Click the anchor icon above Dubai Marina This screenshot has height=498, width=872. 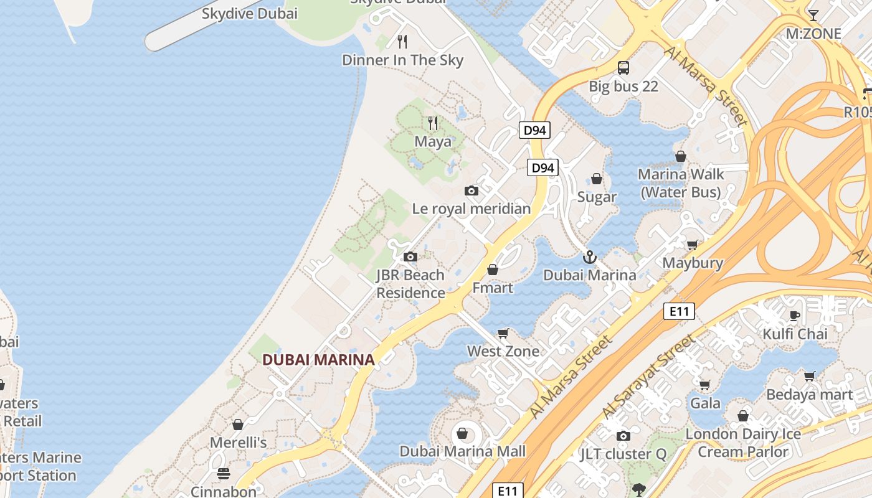pos(589,256)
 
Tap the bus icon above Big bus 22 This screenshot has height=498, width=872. pos(623,68)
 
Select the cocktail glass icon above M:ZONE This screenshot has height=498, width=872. pos(813,15)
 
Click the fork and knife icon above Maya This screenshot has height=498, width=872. pos(433,123)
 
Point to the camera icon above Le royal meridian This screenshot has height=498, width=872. pos(472,190)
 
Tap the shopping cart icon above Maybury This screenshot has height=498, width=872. pos(692,245)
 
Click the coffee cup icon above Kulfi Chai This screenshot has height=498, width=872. pos(795,316)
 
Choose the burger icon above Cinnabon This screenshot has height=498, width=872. pos(224,474)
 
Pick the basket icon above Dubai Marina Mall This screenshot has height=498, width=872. pos(463,433)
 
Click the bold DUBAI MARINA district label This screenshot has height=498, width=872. pos(318,360)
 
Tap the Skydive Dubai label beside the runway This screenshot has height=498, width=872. pos(250,13)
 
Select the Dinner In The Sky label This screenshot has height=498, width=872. pos(402,60)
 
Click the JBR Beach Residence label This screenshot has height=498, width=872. pos(410,284)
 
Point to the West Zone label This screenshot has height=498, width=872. pos(503,351)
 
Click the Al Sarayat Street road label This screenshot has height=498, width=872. pos(648,377)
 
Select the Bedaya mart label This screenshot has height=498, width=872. pos(809,395)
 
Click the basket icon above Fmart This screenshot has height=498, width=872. pos(493,270)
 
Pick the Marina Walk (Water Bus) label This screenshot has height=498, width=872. pos(681,183)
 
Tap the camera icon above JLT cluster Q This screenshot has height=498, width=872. pos(623,436)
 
